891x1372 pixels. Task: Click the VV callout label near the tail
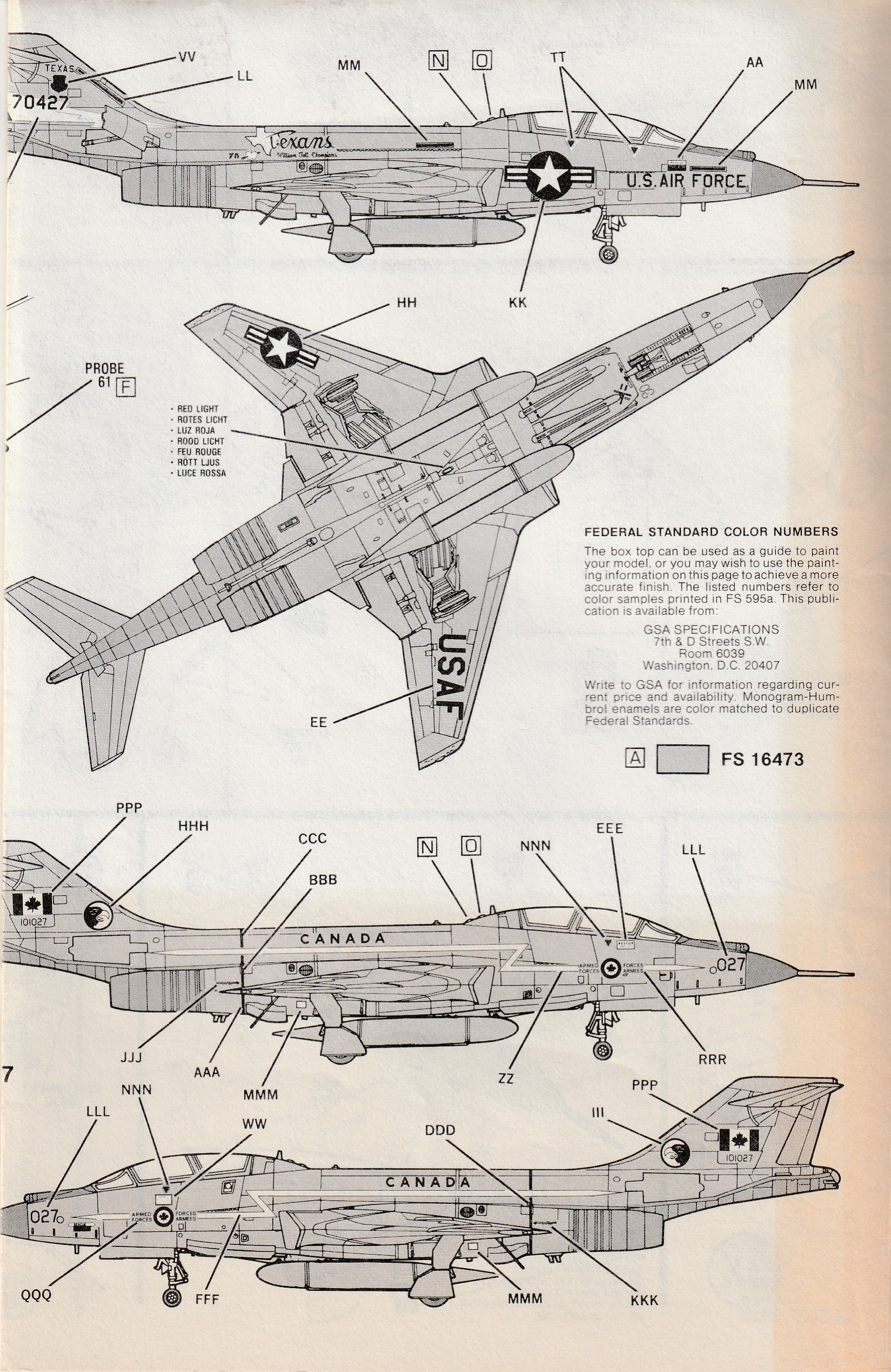pos(187,57)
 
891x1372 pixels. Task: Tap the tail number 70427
pos(40,103)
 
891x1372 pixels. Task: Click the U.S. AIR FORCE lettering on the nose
pos(686,181)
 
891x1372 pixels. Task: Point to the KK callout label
pos(518,302)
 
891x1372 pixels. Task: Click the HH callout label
pos(406,303)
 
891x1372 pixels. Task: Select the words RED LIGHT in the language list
pos(198,409)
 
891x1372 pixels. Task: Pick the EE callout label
pos(318,722)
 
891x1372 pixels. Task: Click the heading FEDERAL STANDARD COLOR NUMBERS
pos(711,531)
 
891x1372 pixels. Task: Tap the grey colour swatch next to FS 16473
pos(682,758)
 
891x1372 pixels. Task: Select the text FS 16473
pos(762,759)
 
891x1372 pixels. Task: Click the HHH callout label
pos(193,826)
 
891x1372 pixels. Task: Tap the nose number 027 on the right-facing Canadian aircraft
pos(730,964)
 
